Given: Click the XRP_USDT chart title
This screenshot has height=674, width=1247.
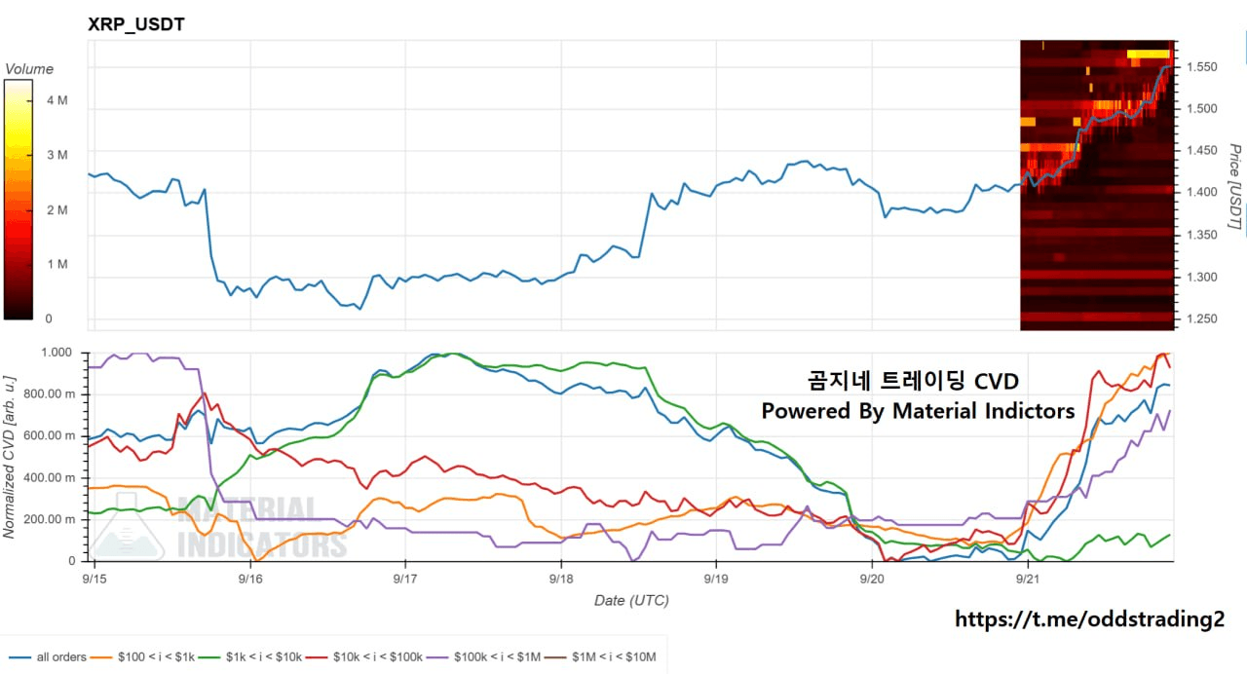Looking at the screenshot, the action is tap(136, 24).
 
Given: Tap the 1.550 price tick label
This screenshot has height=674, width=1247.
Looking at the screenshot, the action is tap(1202, 67).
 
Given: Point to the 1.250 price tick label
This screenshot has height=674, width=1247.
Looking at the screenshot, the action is tap(1202, 318).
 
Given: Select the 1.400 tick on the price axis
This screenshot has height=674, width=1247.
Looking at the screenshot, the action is tap(1202, 192).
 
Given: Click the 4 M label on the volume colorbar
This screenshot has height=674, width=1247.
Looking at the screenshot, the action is tap(57, 100).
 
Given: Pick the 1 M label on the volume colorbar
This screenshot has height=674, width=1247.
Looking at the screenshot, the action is tap(57, 264).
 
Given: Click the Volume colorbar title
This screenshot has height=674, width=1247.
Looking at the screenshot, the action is tap(29, 69).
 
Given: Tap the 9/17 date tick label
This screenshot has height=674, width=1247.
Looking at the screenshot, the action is tap(404, 579).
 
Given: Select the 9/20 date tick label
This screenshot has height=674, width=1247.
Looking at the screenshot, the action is tap(872, 579).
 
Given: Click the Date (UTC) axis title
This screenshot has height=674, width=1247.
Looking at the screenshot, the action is tap(631, 601).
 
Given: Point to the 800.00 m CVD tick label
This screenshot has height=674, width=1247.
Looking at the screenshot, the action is tap(50, 394).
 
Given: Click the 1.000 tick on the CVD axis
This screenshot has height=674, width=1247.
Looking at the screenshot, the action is tap(57, 353).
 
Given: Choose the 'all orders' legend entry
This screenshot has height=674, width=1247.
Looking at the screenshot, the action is tap(48, 657).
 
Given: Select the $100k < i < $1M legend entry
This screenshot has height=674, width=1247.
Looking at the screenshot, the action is tap(483, 657).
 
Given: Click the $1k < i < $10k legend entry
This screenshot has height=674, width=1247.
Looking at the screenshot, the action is tap(250, 657).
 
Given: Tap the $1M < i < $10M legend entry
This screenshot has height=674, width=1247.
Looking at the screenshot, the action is tap(600, 657).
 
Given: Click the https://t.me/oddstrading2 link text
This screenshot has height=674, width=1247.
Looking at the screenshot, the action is tap(1089, 618).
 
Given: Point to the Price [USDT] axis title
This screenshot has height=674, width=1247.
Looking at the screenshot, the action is tap(1234, 186).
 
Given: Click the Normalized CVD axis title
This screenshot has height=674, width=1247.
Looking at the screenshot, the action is tap(9, 457).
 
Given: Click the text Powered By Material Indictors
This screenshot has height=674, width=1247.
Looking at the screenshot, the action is tap(918, 411).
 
